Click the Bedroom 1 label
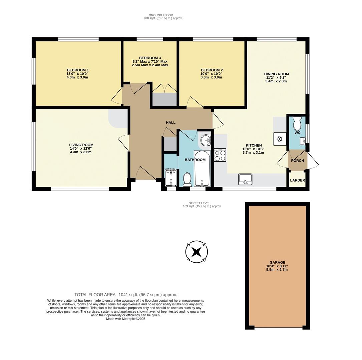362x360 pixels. pyautogui.click(x=77, y=74)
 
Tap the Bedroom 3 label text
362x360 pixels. pyautogui.click(x=150, y=61)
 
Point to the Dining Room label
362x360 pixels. pyautogui.click(x=276, y=77)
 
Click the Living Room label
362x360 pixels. pyautogui.click(x=81, y=148)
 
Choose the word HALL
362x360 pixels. pyautogui.click(x=170, y=123)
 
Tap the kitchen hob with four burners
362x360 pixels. pyautogui.click(x=220, y=155)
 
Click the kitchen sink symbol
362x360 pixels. pyautogui.click(x=245, y=179)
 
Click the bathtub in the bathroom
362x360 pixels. pyautogui.click(x=202, y=169)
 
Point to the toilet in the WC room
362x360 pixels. pyautogui.click(x=297, y=124)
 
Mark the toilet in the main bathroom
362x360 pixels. pyautogui.click(x=187, y=179)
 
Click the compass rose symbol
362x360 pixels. pyautogui.click(x=197, y=252)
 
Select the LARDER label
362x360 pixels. pyautogui.click(x=297, y=180)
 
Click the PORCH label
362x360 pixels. pyautogui.click(x=297, y=160)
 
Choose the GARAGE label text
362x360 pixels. pyautogui.click(x=277, y=266)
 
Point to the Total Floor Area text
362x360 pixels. pyautogui.click(x=125, y=295)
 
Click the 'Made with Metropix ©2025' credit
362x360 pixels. pyautogui.click(x=125, y=319)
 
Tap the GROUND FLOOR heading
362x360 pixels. pyautogui.click(x=160, y=15)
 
